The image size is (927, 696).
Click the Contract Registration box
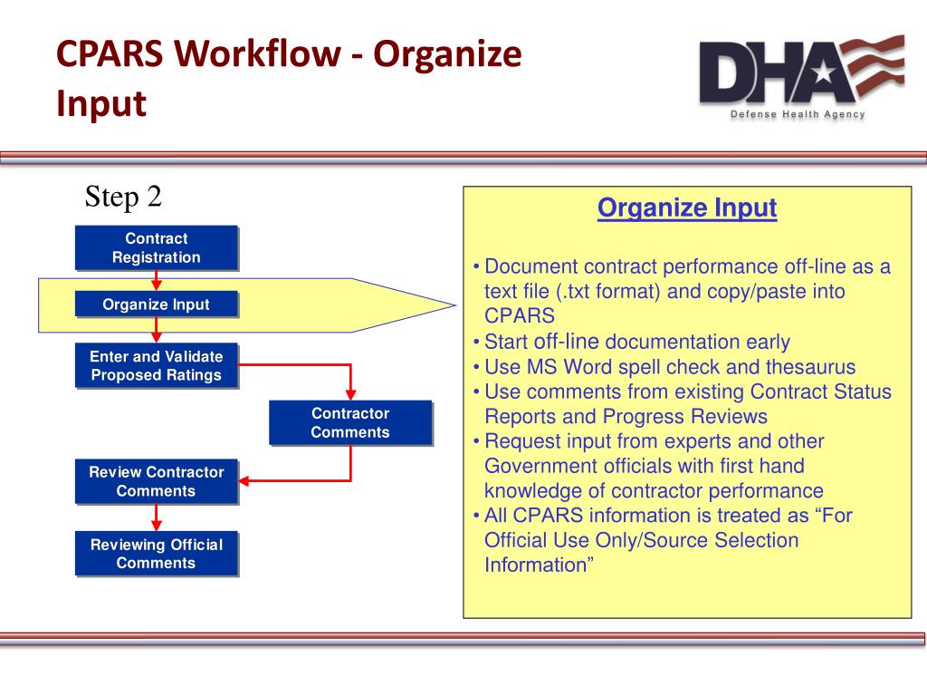coord(156,247)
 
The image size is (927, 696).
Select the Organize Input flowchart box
coord(156,304)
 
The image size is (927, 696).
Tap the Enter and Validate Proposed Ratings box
coord(156,365)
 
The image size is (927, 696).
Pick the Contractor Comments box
coord(349,422)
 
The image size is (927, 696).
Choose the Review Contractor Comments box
coord(156,481)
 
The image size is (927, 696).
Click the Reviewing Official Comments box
coord(156,554)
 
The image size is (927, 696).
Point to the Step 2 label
coord(123,197)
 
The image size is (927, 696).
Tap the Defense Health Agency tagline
coord(798,114)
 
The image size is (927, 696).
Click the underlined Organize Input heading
coord(687,208)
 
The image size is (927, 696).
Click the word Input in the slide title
coord(100,103)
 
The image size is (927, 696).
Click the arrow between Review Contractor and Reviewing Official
coord(157,517)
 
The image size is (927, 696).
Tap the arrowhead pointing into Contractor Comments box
coord(350,393)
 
